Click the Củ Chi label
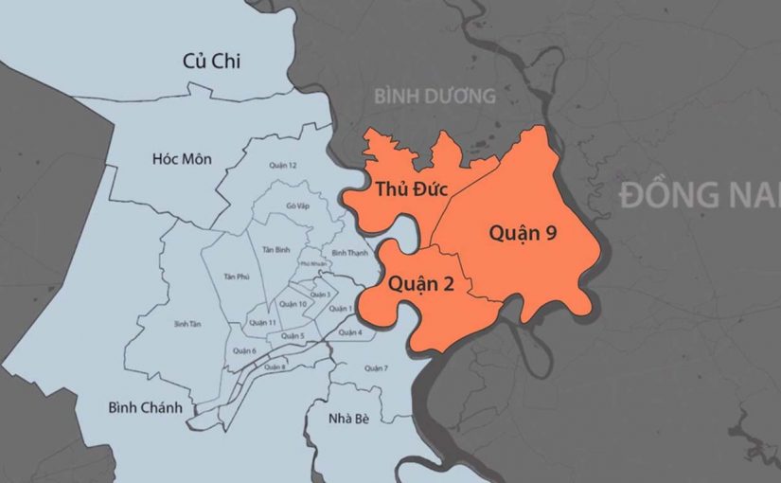click(212, 62)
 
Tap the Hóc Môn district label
click(178, 158)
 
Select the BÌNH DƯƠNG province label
click(435, 96)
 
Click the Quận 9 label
click(522, 233)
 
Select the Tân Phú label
click(236, 276)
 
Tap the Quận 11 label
click(262, 322)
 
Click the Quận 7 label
click(376, 367)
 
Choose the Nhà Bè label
click(346, 419)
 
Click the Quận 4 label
click(349, 332)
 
